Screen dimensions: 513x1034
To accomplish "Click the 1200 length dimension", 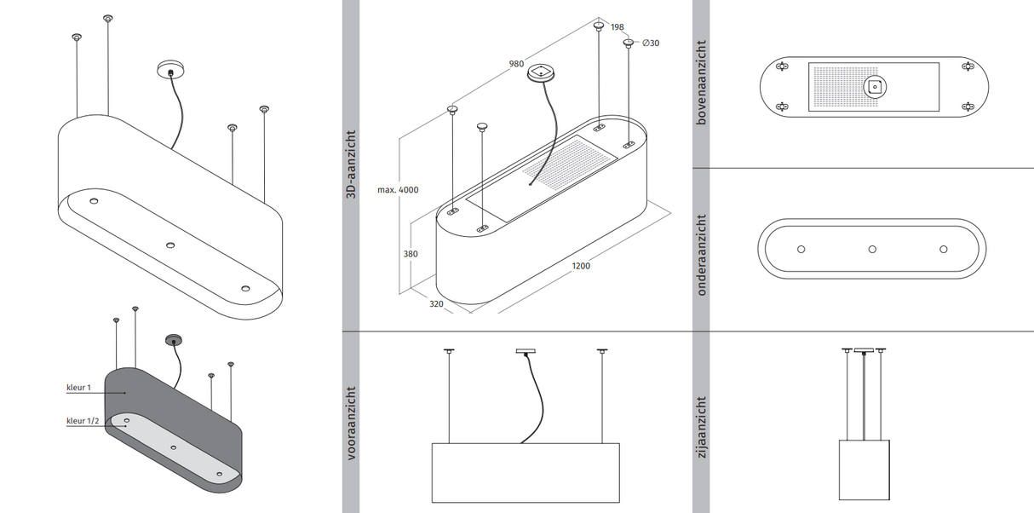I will [582, 266].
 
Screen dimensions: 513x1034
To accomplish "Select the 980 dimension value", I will [516, 63].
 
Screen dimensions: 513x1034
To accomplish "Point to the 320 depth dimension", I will [436, 303].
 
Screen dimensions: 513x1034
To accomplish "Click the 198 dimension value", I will [618, 27].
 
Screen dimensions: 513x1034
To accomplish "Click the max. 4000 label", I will [397, 189].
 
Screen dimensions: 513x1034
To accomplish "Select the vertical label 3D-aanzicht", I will [350, 165].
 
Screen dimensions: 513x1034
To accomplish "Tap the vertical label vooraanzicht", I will [350, 424].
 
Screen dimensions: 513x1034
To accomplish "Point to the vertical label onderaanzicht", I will [702, 254].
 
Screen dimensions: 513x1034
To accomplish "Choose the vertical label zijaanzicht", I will [702, 427].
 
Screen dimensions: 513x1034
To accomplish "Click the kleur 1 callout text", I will [78, 389].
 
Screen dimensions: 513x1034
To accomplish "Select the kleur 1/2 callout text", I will [83, 420].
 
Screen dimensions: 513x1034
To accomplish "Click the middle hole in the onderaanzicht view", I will [872, 249].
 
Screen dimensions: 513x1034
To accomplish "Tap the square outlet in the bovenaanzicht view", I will [875, 85].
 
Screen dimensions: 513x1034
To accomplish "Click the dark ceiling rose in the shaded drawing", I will [174, 340].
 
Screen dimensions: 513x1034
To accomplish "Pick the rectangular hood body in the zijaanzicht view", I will [864, 470].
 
